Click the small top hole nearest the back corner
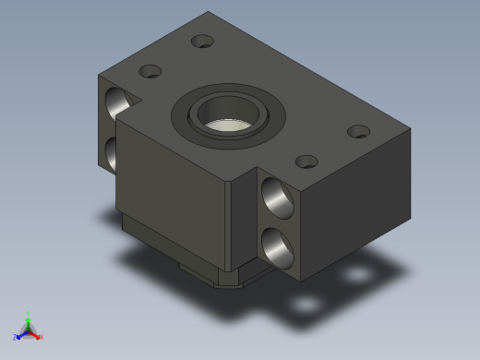(x=202, y=41)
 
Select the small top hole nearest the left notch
(x=150, y=71)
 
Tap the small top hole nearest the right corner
(x=358, y=131)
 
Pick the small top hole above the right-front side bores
(x=306, y=162)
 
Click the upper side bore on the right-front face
(x=275, y=197)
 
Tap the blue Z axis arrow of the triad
(x=19, y=334)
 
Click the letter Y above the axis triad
(x=29, y=313)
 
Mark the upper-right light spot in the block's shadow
(x=355, y=276)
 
